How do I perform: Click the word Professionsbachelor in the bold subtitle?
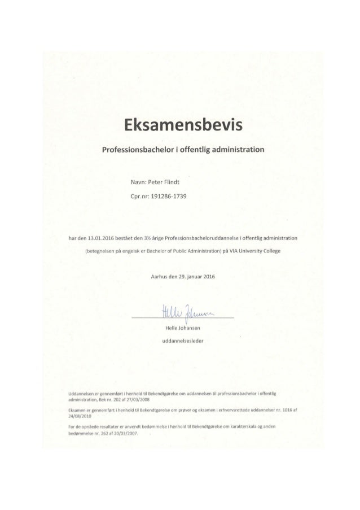[x=132, y=151]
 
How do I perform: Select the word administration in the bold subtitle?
[x=234, y=151]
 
